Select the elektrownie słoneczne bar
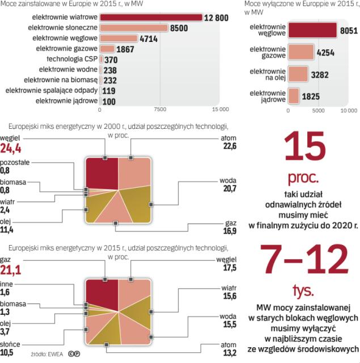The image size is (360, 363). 133,27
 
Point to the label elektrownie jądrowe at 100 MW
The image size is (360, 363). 66,101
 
